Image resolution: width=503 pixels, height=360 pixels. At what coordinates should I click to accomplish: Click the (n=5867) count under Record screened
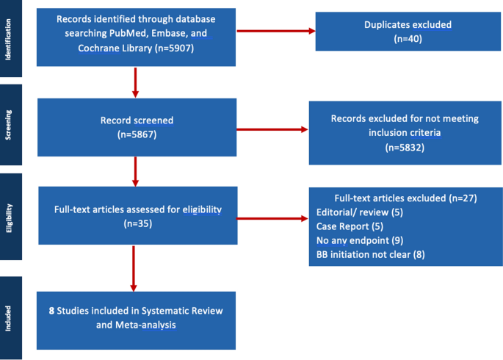point(136,135)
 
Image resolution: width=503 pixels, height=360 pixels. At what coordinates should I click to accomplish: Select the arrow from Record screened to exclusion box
point(272,130)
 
